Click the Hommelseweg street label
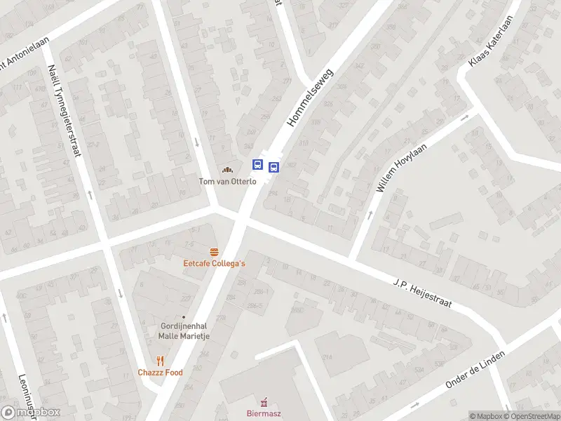(x=311, y=98)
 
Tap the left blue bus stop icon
(x=258, y=165)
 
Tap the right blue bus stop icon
(x=273, y=167)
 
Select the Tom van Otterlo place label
(x=227, y=182)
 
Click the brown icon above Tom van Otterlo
(x=227, y=170)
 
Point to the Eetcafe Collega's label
(x=214, y=263)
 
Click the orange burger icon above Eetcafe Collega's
(x=214, y=251)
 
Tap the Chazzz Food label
(x=160, y=373)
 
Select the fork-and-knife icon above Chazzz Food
(x=160, y=361)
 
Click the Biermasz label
(x=264, y=414)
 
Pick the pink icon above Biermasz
(x=264, y=402)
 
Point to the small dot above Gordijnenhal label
(x=184, y=317)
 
